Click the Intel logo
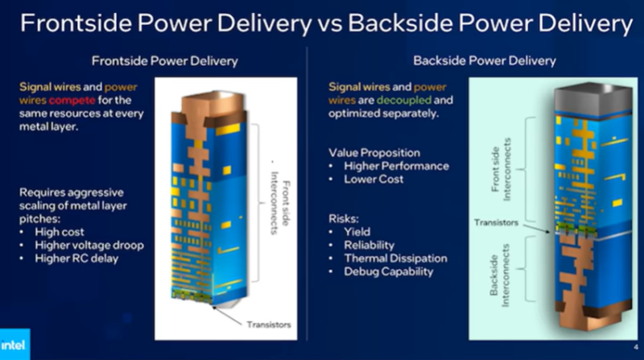[13, 345]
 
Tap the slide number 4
[636, 347]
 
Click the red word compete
[72, 101]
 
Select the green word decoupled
[404, 101]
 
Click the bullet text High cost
[59, 232]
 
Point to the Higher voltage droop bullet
[89, 246]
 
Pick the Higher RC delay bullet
[76, 259]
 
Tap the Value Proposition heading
[374, 153]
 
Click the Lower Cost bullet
[374, 179]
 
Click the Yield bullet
[357, 232]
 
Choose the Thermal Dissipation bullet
[395, 259]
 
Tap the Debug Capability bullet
[389, 271]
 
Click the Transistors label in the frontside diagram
[269, 325]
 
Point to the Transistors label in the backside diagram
[496, 223]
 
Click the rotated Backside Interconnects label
[499, 275]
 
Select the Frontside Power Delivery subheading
[165, 61]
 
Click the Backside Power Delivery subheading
[485, 61]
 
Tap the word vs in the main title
[330, 25]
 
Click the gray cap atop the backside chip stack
[593, 97]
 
